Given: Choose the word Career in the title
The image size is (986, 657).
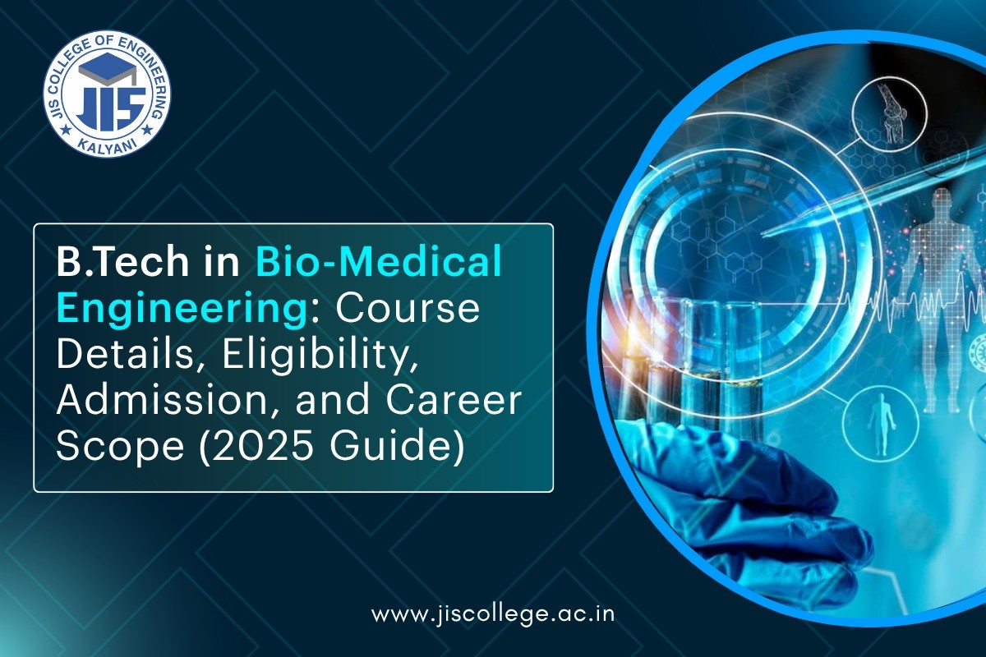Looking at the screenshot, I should click(440, 402).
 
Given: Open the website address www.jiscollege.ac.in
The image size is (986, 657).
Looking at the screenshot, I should click(493, 614).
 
